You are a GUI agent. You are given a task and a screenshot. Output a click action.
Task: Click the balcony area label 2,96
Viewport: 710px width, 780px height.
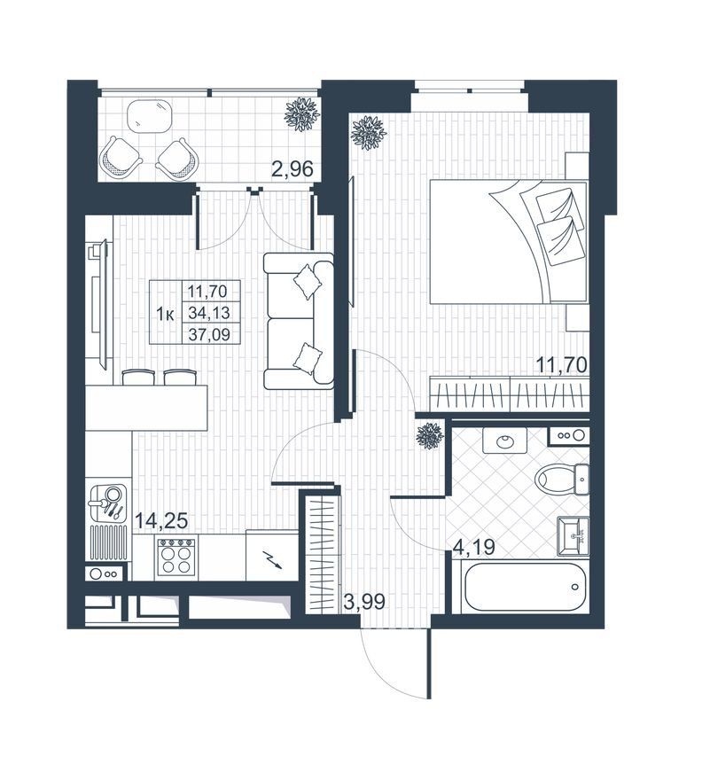click(x=292, y=169)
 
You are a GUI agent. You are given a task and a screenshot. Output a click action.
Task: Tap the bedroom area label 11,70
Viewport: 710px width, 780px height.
click(x=562, y=365)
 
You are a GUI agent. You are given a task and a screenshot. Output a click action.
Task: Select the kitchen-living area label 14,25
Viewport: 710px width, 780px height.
click(x=161, y=520)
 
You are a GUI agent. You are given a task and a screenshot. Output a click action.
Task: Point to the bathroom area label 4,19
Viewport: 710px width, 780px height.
click(x=473, y=547)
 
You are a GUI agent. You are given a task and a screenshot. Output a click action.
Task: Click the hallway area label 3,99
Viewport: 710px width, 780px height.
click(x=364, y=602)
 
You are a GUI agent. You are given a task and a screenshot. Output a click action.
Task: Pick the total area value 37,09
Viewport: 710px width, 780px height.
click(x=209, y=334)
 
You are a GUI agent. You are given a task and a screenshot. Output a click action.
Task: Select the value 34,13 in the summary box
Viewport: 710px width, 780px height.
click(x=209, y=312)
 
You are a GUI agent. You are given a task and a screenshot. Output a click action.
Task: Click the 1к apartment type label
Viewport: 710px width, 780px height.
click(x=165, y=315)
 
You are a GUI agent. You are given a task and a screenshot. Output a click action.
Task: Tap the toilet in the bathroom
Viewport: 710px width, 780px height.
click(x=562, y=479)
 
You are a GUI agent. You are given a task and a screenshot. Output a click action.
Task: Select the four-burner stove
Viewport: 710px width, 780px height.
click(x=175, y=558)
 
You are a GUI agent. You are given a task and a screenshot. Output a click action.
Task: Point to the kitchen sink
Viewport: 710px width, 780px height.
click(x=108, y=503)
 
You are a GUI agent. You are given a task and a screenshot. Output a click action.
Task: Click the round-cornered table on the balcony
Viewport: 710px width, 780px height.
click(x=150, y=116)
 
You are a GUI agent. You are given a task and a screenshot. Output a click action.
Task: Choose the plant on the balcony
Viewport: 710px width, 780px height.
click(x=301, y=114)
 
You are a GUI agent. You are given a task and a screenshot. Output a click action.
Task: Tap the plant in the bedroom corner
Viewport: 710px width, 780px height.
click(x=369, y=132)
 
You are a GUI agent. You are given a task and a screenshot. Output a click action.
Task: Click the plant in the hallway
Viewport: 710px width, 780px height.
click(x=430, y=436)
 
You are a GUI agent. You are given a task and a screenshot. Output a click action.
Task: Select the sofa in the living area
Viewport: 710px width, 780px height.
click(x=298, y=321)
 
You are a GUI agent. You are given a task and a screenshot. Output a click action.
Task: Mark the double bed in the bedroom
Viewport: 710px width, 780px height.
click(x=509, y=242)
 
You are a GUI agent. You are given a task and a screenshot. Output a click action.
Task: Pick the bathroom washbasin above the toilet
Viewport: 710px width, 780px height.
click(x=505, y=441)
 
